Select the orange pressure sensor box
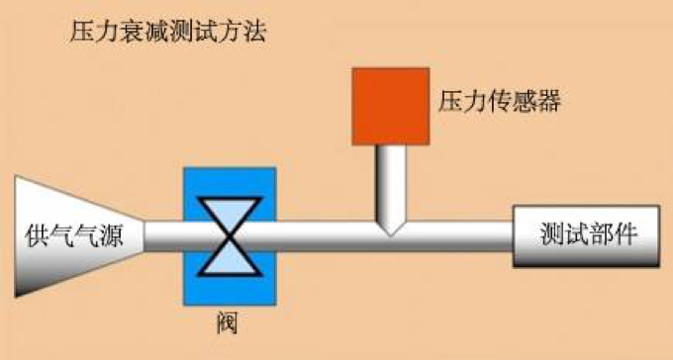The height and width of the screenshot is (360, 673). (390, 106)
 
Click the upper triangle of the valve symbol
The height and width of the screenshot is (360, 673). (229, 213)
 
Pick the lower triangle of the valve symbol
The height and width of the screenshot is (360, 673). (229, 258)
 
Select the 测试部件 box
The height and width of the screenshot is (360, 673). (585, 235)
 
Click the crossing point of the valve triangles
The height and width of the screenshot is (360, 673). (229, 235)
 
